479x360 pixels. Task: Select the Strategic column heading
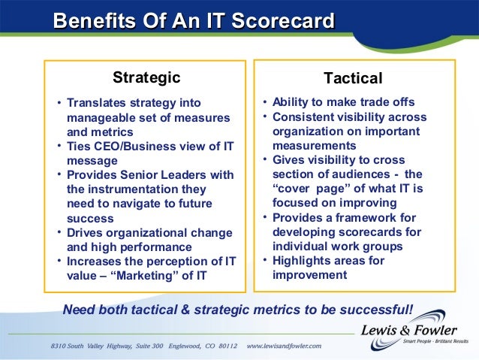[146, 77]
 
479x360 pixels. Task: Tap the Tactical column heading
[353, 78]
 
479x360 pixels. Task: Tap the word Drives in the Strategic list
[85, 232]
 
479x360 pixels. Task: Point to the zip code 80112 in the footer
[223, 346]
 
